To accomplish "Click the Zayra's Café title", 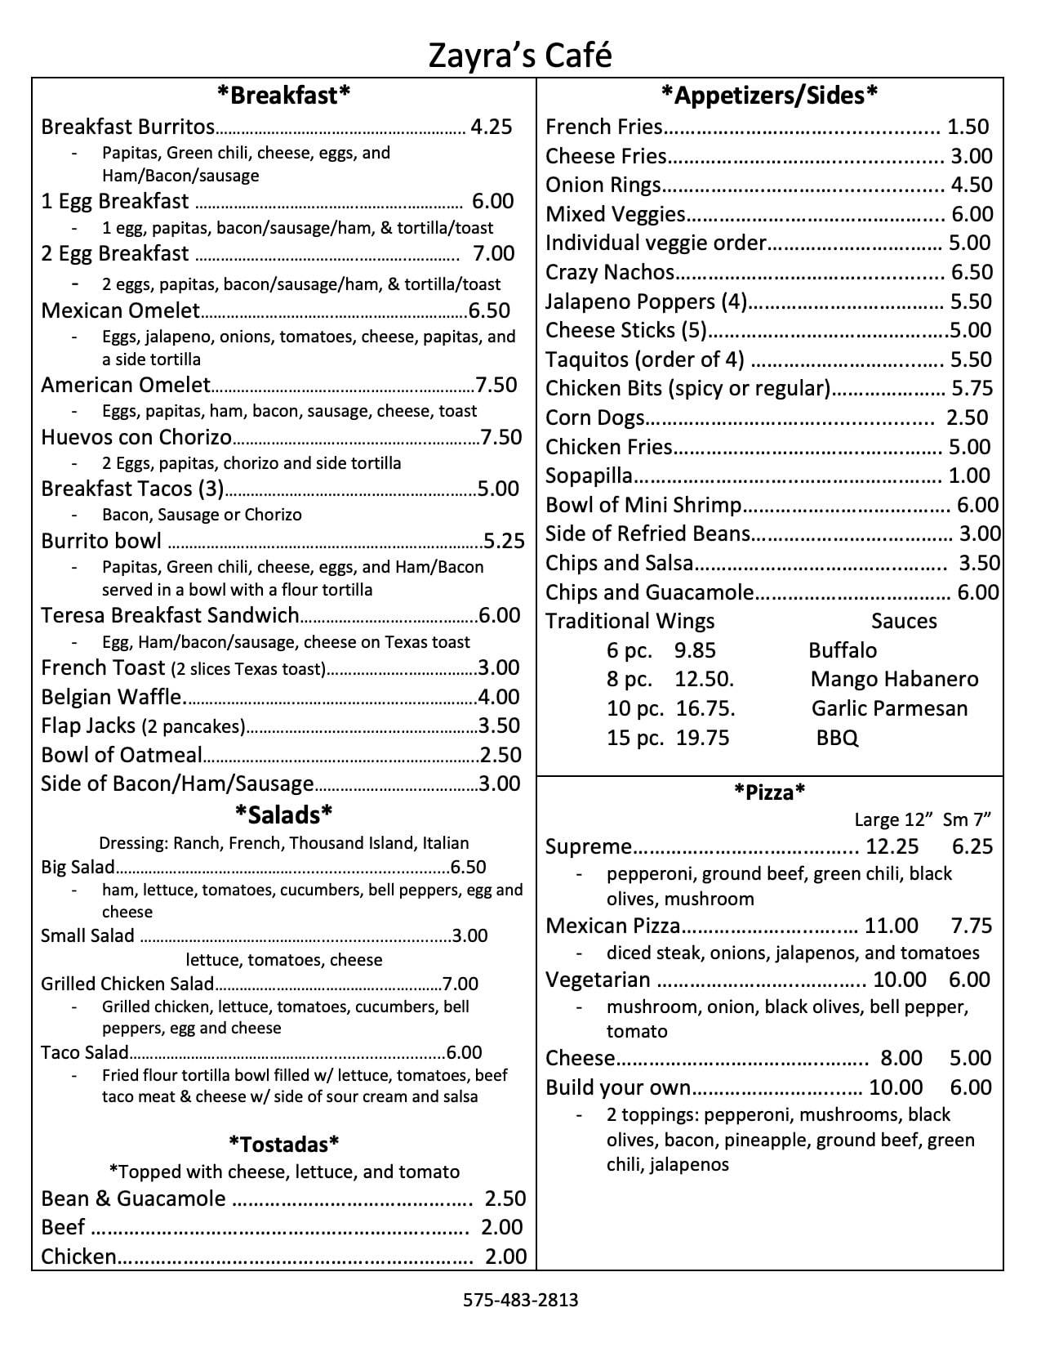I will [520, 56].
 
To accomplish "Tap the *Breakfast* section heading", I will [283, 96].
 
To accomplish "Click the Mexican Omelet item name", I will [120, 310].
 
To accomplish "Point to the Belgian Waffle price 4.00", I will [499, 697].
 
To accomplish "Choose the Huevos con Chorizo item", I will [136, 437].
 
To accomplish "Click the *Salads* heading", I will [283, 814].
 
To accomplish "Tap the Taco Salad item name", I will [85, 1052].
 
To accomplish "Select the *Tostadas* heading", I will [283, 1143].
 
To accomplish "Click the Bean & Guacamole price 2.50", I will [505, 1198].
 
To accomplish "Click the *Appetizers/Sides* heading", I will [769, 96].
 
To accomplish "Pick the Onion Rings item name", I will [603, 185].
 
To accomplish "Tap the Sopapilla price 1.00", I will [969, 475].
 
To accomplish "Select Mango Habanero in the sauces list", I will [894, 680].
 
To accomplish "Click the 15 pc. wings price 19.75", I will [703, 738].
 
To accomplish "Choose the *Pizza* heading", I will [769, 791].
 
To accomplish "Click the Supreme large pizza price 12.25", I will [892, 846].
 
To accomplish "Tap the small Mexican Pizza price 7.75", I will [972, 926].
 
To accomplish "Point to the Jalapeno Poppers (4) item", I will [646, 301].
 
